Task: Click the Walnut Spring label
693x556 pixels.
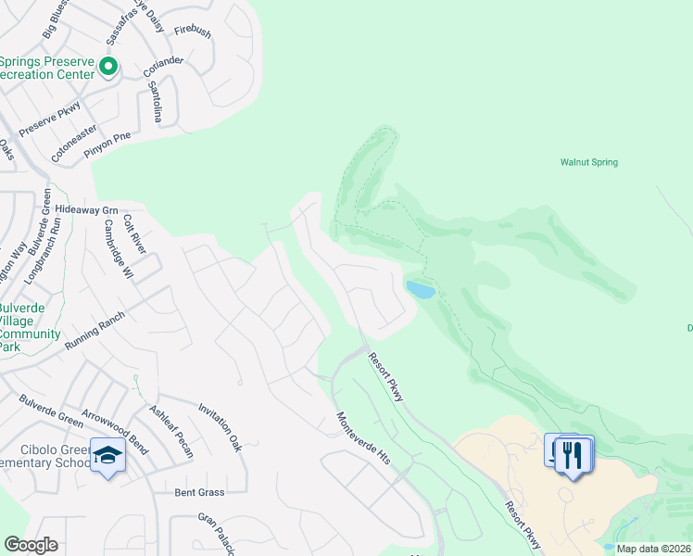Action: (x=588, y=162)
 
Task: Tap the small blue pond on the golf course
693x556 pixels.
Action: (x=421, y=290)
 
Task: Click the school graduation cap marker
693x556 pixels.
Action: (x=108, y=456)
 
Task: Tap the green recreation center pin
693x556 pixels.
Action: (x=108, y=66)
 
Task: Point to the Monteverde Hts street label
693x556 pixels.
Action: (x=364, y=438)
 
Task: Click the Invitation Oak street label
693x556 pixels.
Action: (x=220, y=427)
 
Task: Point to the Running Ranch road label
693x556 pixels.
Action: (x=94, y=332)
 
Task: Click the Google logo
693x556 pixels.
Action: (x=31, y=545)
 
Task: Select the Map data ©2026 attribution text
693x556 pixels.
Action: (x=654, y=549)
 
